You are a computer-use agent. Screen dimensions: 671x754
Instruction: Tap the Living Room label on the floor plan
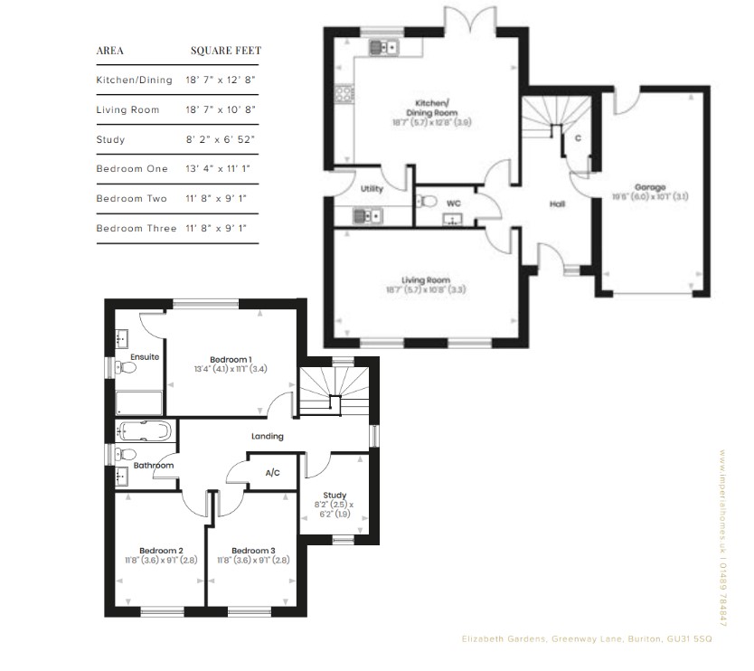(426, 280)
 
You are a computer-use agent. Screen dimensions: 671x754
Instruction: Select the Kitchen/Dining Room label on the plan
(431, 107)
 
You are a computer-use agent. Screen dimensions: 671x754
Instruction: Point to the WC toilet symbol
(429, 201)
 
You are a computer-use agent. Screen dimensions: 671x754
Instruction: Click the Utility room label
(372, 189)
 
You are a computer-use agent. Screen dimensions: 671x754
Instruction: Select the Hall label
(557, 204)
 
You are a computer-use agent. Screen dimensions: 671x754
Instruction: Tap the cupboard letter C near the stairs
(577, 137)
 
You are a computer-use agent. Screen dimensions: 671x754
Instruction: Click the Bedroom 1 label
(230, 358)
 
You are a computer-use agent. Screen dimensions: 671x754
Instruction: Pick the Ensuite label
(145, 357)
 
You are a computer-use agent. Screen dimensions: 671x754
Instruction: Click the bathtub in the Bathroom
(143, 430)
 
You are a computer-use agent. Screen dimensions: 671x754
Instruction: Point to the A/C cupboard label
(272, 473)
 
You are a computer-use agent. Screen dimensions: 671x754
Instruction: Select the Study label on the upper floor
(335, 495)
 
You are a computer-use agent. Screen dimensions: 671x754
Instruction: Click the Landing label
(268, 436)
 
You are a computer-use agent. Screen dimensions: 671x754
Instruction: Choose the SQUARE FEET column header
(225, 51)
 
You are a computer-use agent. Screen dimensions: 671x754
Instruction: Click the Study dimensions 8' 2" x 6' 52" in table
(220, 139)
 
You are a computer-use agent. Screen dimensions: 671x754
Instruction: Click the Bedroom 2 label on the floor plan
(161, 550)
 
